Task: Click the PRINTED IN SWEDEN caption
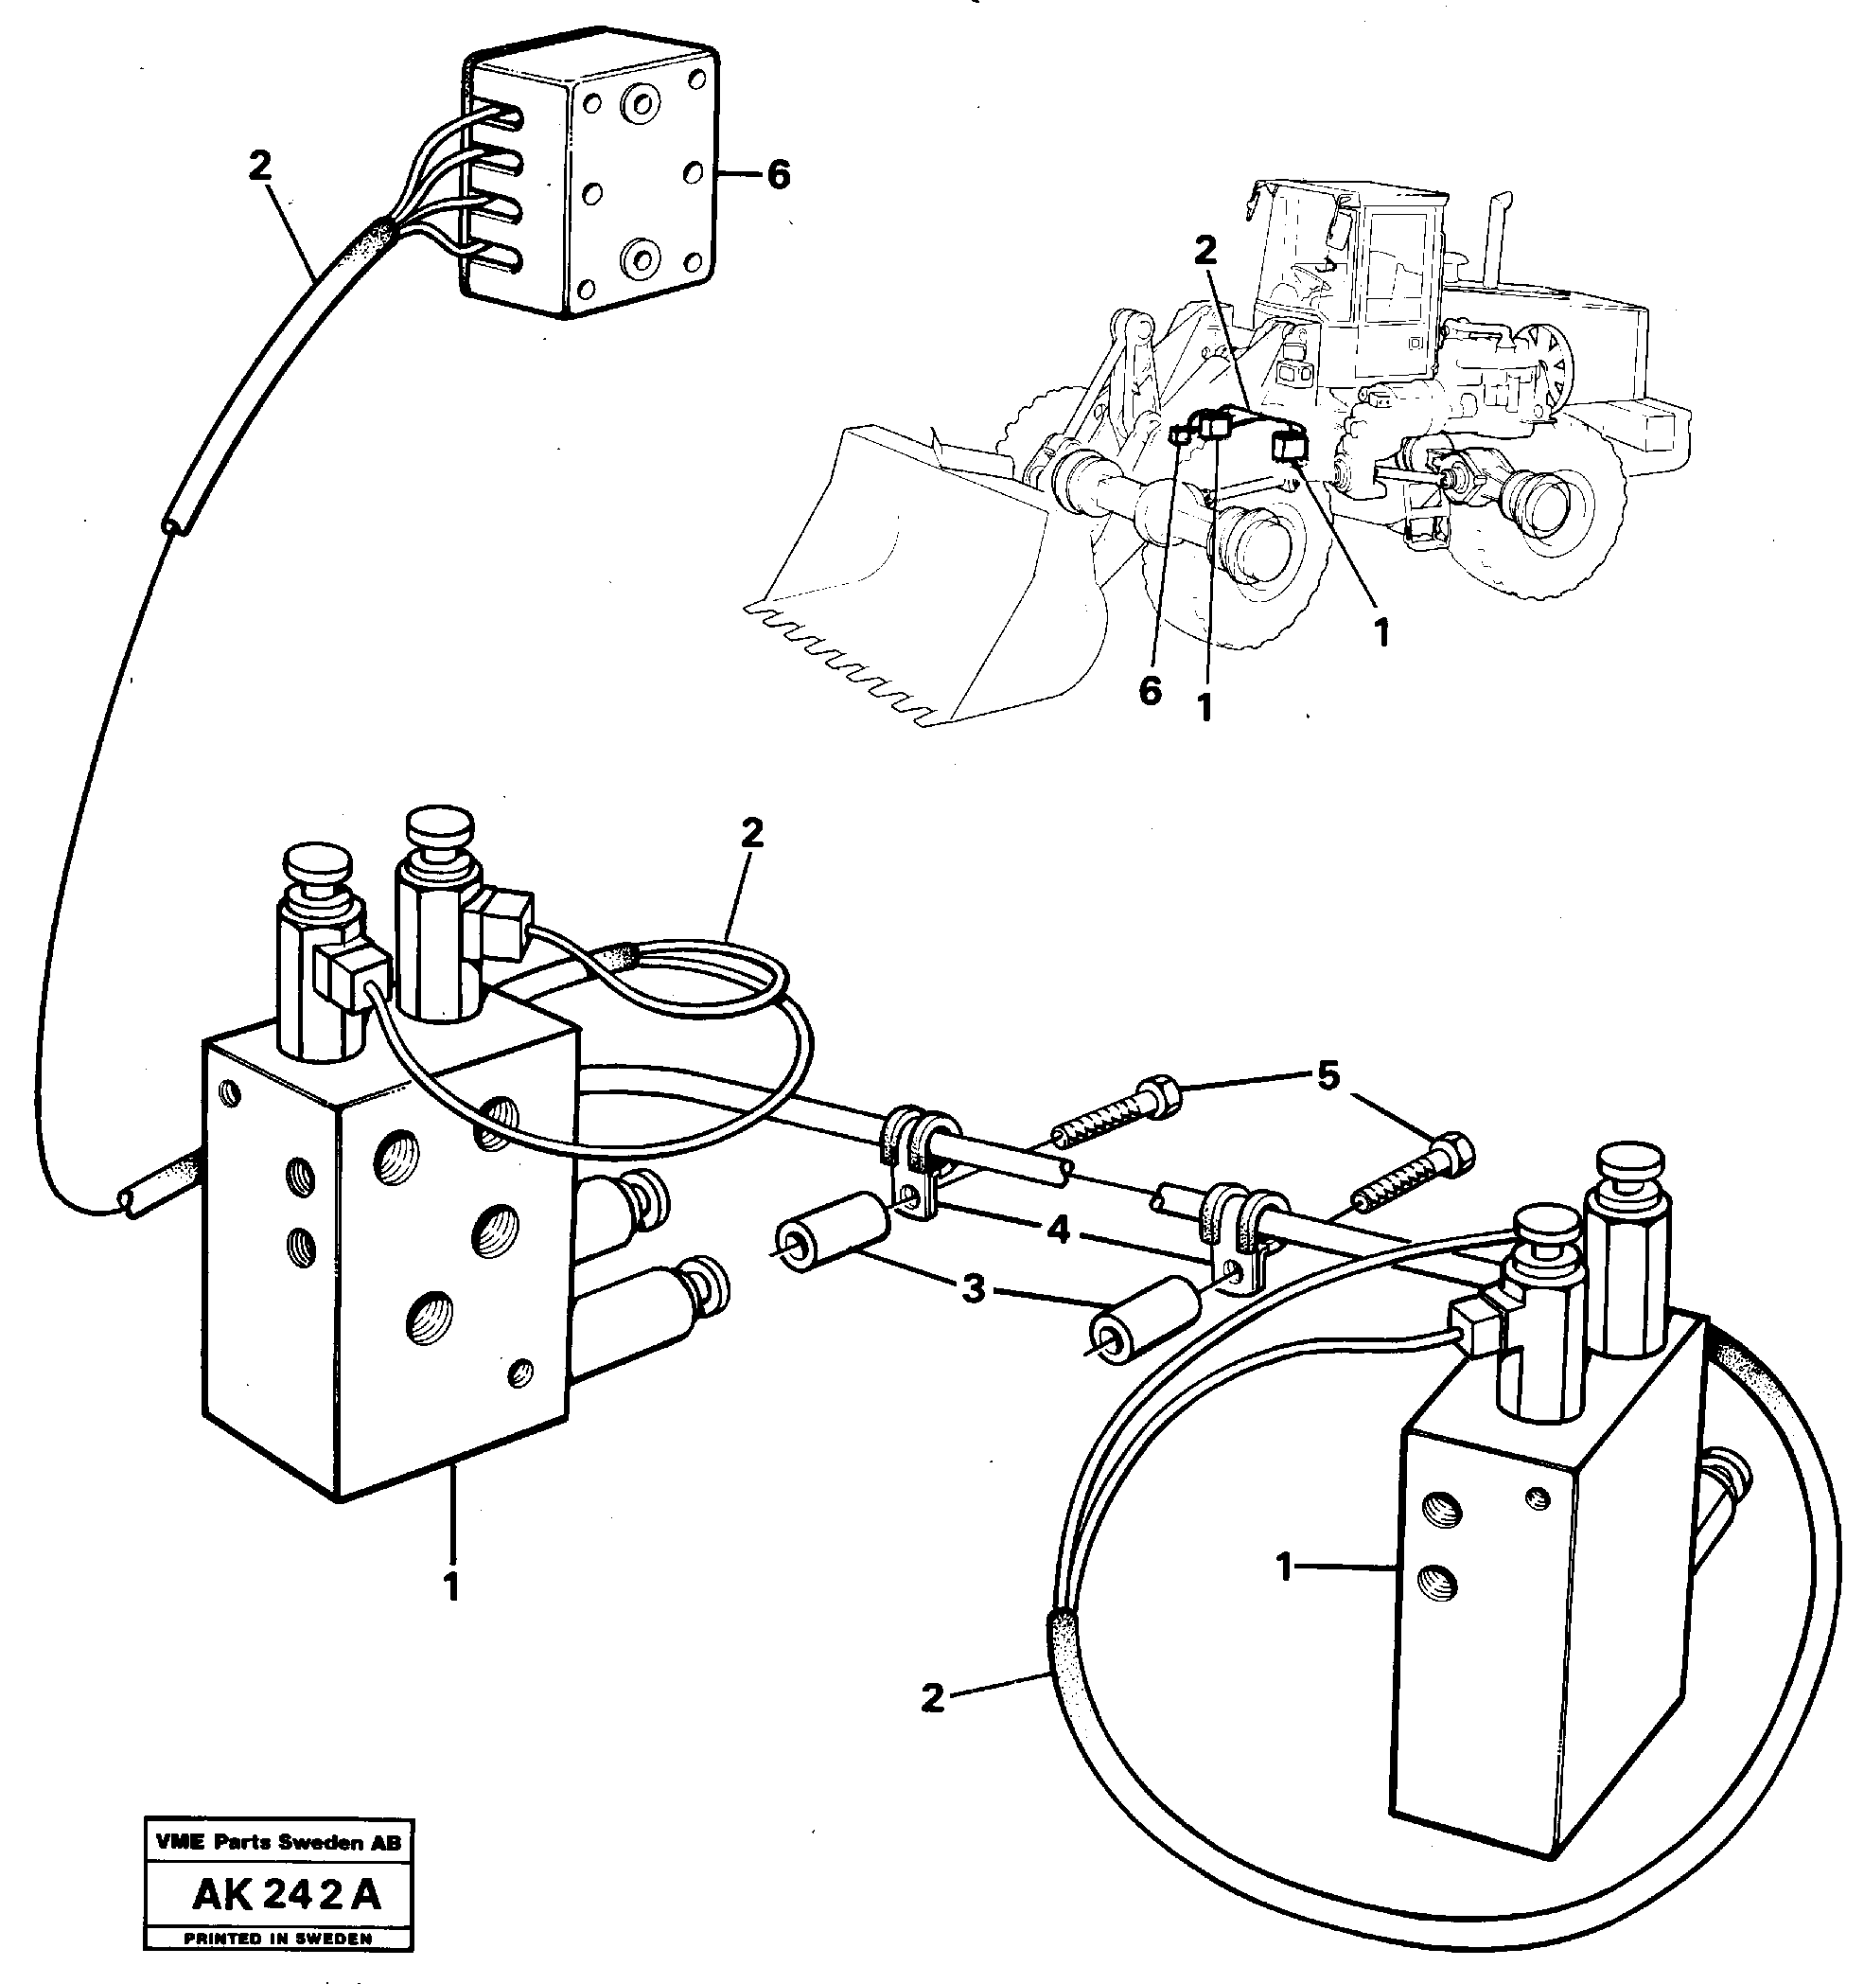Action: click(278, 1940)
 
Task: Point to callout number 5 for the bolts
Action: click(1328, 1079)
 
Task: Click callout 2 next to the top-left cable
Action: click(259, 167)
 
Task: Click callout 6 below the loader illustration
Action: click(1151, 691)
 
